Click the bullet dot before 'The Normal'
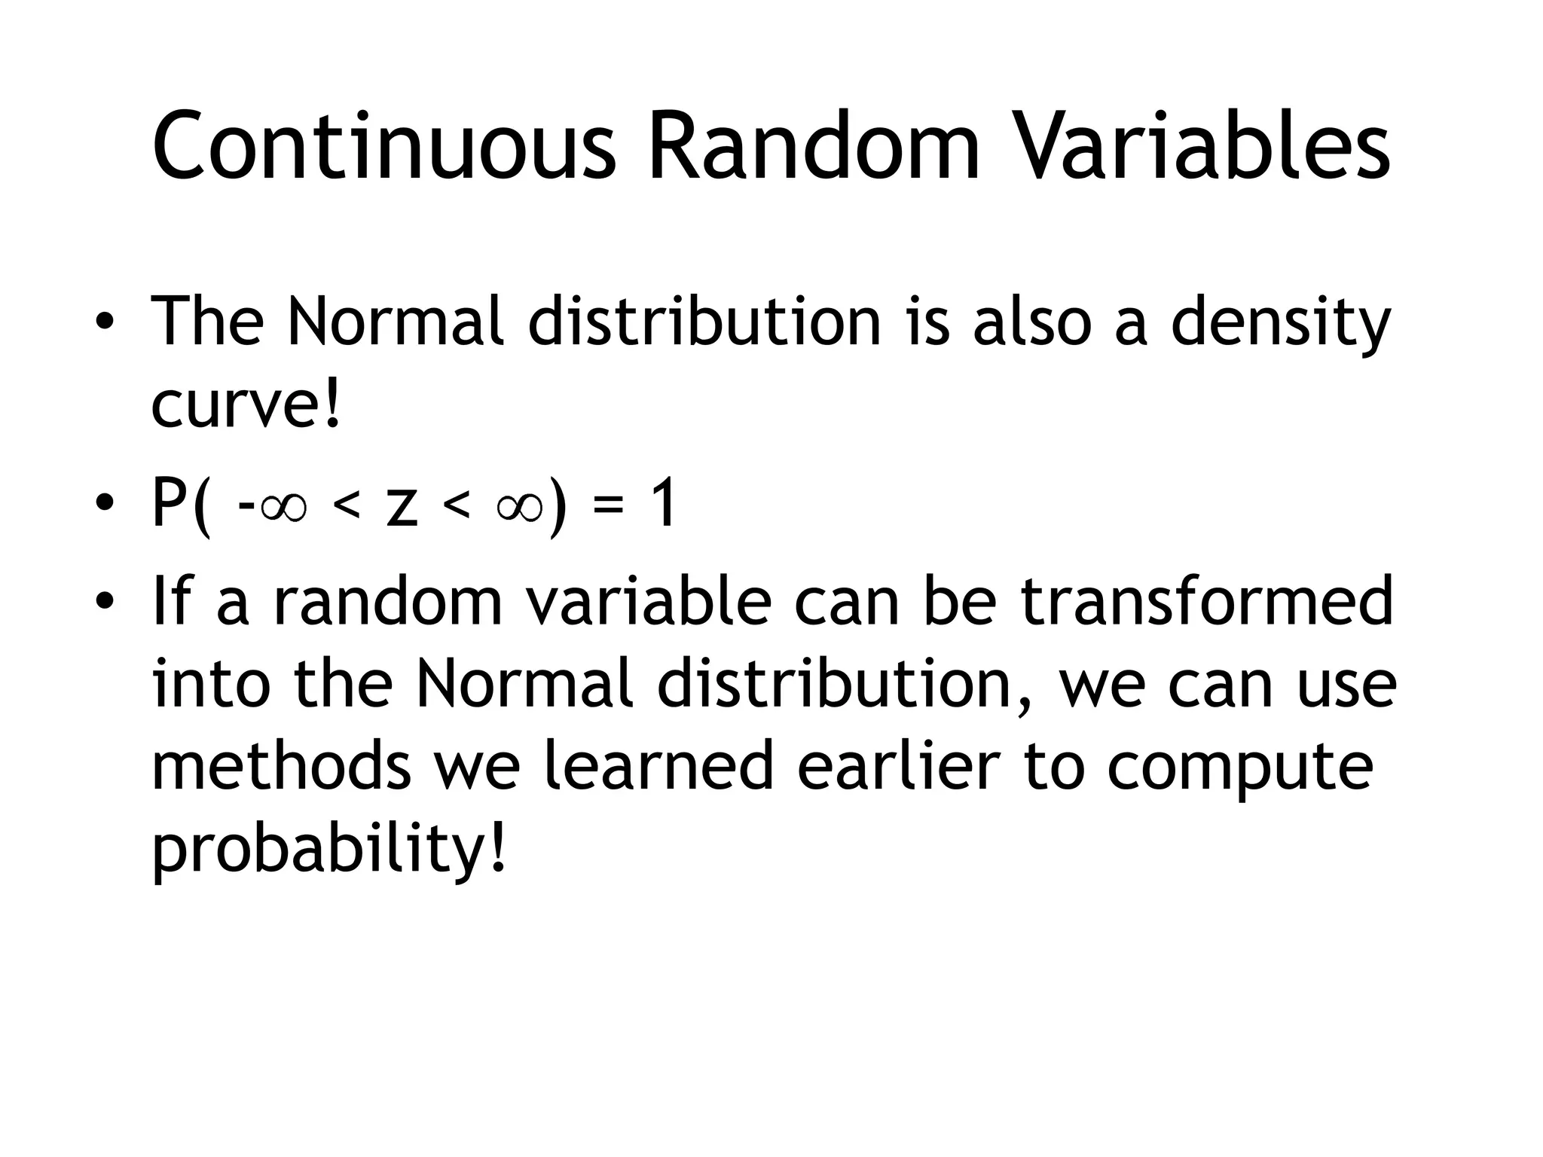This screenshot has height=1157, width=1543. click(x=105, y=324)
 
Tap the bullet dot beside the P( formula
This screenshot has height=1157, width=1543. click(x=105, y=503)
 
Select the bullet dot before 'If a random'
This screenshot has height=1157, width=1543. click(x=105, y=602)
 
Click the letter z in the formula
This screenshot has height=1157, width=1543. click(x=401, y=506)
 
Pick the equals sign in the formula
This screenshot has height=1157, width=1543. click(x=609, y=506)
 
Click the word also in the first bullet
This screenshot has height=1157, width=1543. click(x=1031, y=322)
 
